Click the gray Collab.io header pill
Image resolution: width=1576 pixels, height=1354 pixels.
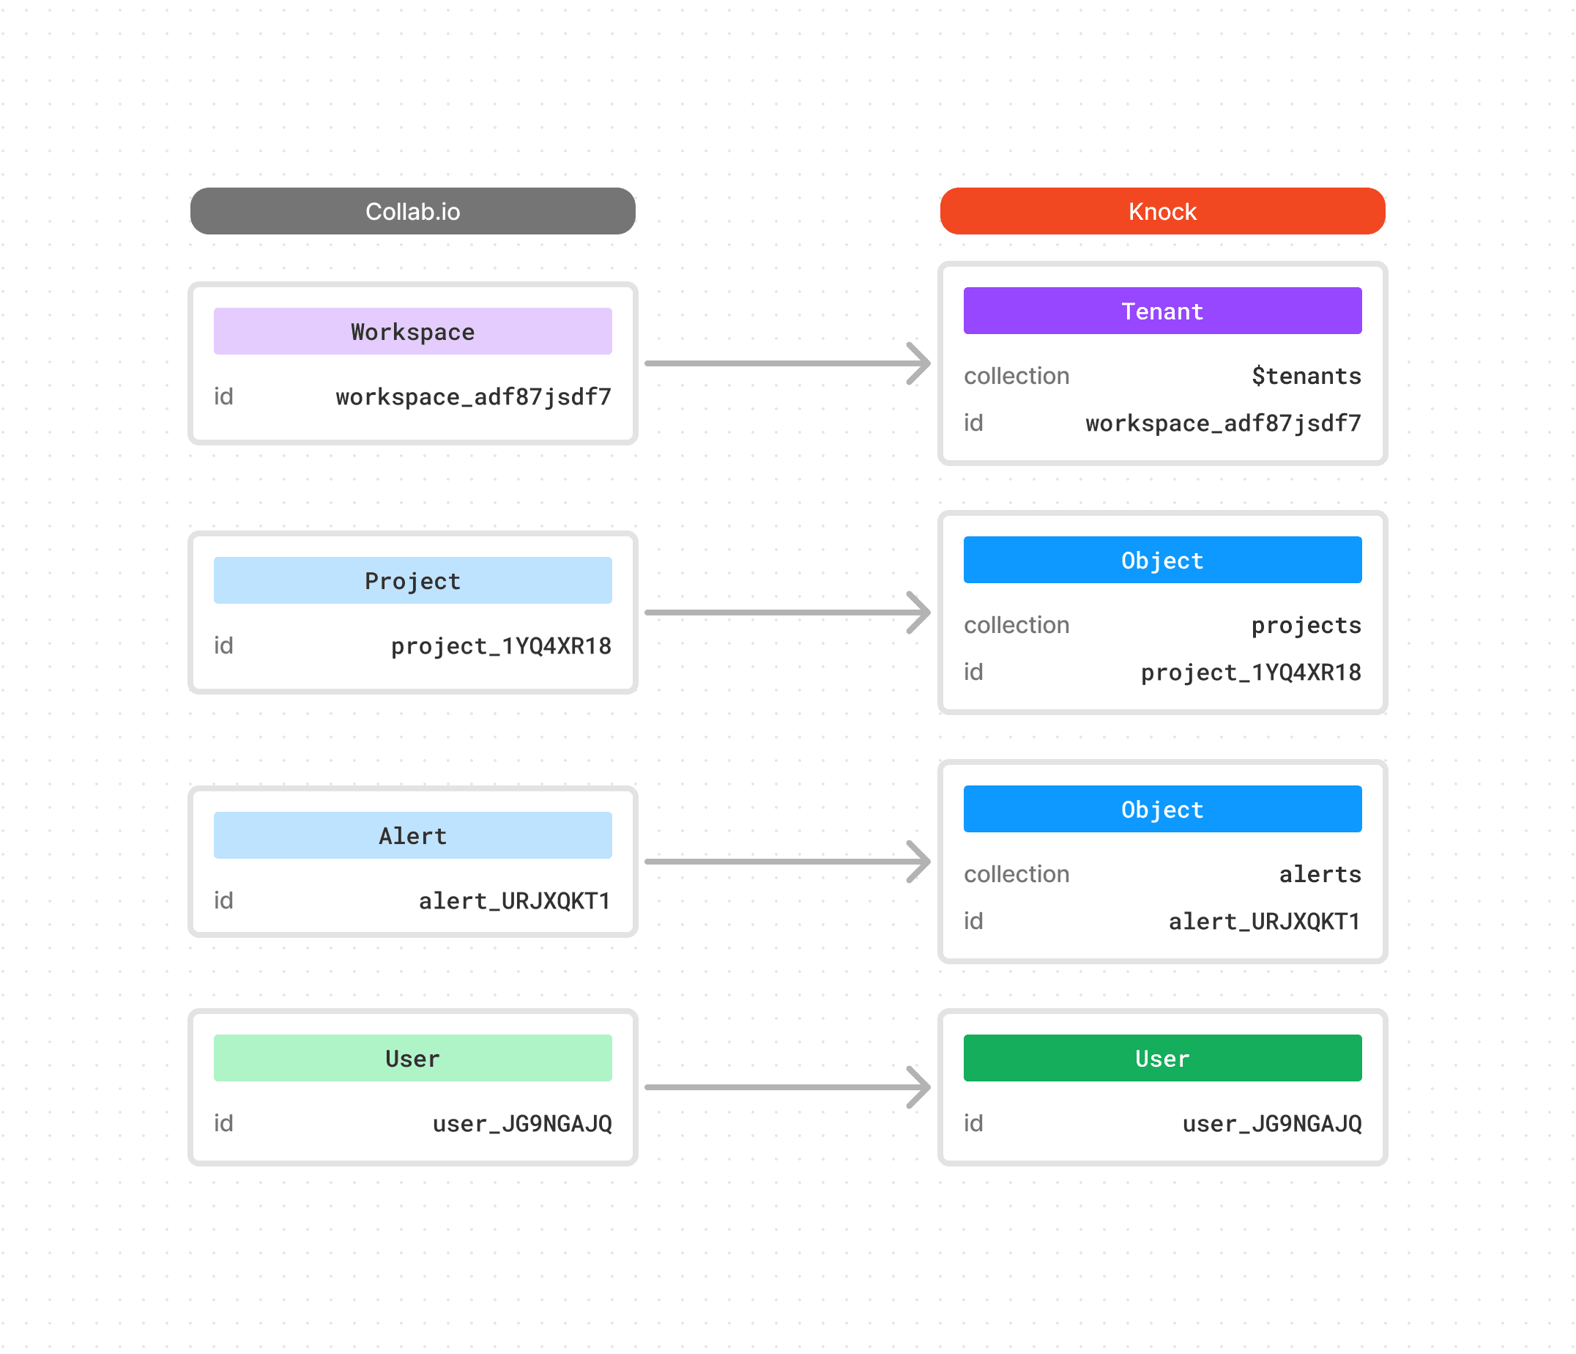412,211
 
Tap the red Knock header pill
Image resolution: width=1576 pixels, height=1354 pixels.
1161,211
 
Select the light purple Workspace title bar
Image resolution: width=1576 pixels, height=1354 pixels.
412,331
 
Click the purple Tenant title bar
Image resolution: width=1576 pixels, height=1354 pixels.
1161,311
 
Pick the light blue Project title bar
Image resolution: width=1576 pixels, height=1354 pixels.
412,580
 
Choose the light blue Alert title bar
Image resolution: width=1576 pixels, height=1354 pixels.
412,835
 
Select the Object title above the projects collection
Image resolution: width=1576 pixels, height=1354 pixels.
1161,560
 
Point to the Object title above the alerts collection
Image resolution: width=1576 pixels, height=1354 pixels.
1161,808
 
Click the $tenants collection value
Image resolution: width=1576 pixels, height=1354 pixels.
1306,376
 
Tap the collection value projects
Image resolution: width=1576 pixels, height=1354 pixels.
1306,625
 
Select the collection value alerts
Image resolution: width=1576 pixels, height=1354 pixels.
1320,874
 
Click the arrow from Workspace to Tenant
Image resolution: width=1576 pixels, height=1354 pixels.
787,363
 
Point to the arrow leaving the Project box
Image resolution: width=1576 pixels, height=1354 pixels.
787,612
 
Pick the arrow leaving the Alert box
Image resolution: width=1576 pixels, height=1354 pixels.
787,861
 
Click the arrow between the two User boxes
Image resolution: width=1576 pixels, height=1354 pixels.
787,1087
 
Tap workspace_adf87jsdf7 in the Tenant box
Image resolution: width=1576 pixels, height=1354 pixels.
1222,423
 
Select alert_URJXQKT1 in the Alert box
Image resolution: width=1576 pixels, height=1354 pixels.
514,900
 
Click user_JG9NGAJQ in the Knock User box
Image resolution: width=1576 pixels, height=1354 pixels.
1272,1123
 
